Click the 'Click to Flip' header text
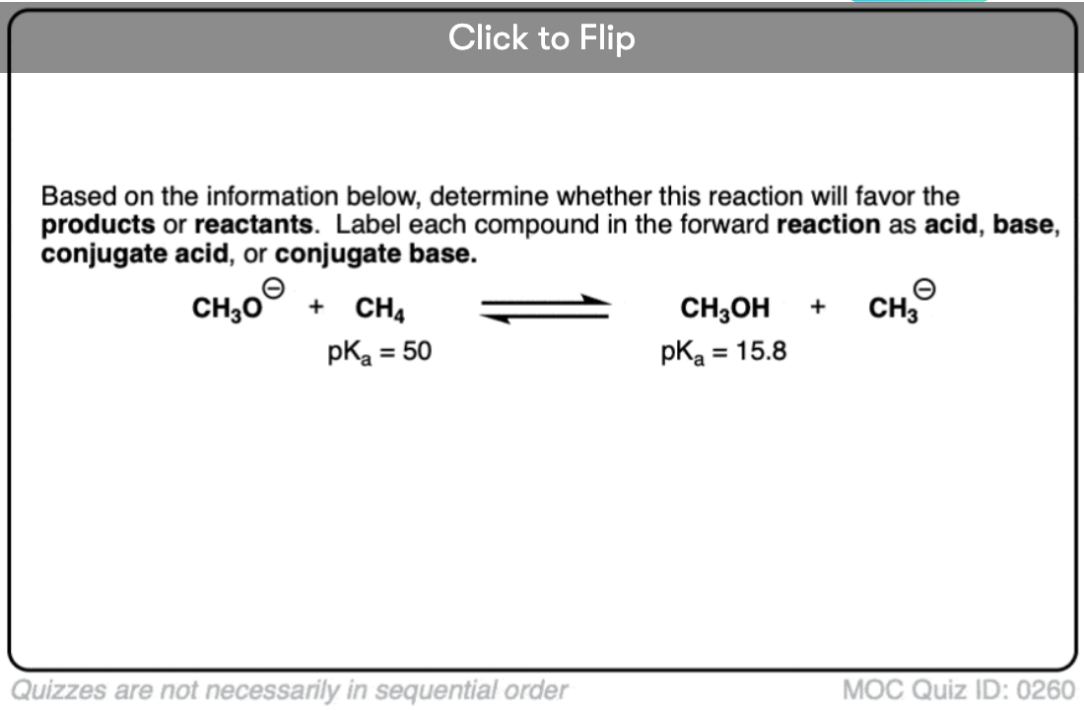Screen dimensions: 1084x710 tap(541, 38)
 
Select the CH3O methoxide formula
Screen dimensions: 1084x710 tap(228, 309)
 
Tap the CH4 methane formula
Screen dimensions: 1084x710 tap(379, 309)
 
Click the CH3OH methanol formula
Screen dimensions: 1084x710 tap(724, 309)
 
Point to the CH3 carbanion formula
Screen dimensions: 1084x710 tap(893, 309)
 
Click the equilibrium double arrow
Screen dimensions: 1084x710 tap(546, 309)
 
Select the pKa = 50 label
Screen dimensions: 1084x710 tap(379, 351)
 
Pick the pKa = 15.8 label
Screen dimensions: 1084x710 tap(723, 351)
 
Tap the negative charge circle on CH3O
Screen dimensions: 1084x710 tap(274, 288)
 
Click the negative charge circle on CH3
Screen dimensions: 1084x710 tap(924, 288)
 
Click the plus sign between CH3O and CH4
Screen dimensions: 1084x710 tap(316, 306)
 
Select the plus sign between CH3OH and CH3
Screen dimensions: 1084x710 tap(818, 306)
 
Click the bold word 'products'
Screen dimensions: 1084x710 tap(99, 225)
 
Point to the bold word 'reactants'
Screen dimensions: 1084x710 tap(253, 225)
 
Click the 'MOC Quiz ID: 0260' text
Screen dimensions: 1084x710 tap(959, 690)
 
